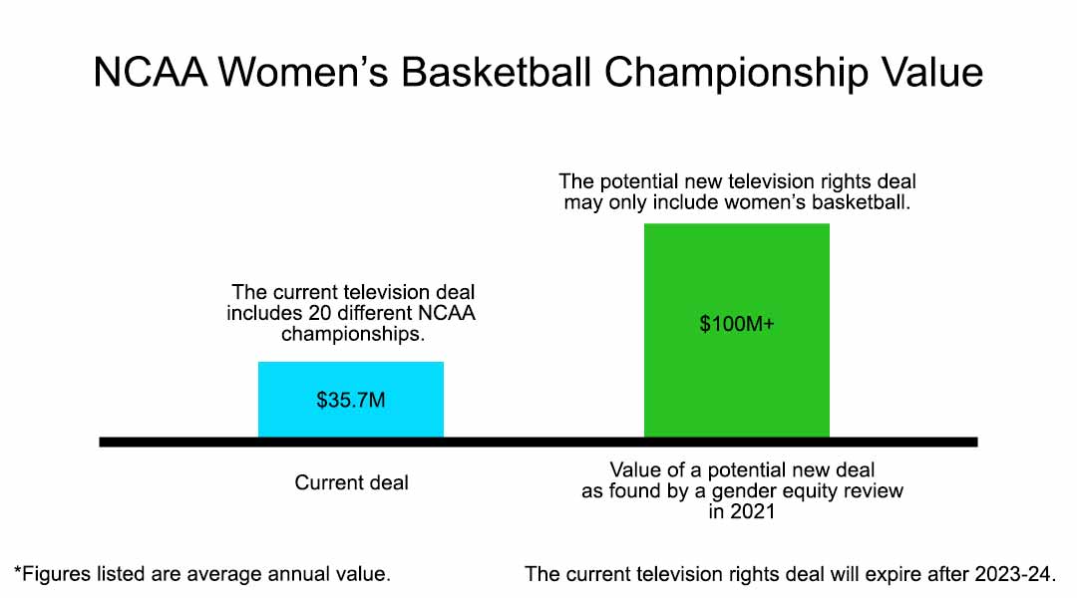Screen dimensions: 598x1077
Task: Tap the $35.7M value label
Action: point(350,401)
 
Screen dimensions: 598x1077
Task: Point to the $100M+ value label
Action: point(736,325)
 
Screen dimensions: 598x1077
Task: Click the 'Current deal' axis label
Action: point(351,482)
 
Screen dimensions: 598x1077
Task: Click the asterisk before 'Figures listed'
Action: point(18,572)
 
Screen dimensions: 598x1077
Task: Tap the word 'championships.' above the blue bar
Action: point(352,334)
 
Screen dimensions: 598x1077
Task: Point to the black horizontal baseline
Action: point(538,442)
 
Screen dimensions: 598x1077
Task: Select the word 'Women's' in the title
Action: point(298,75)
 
